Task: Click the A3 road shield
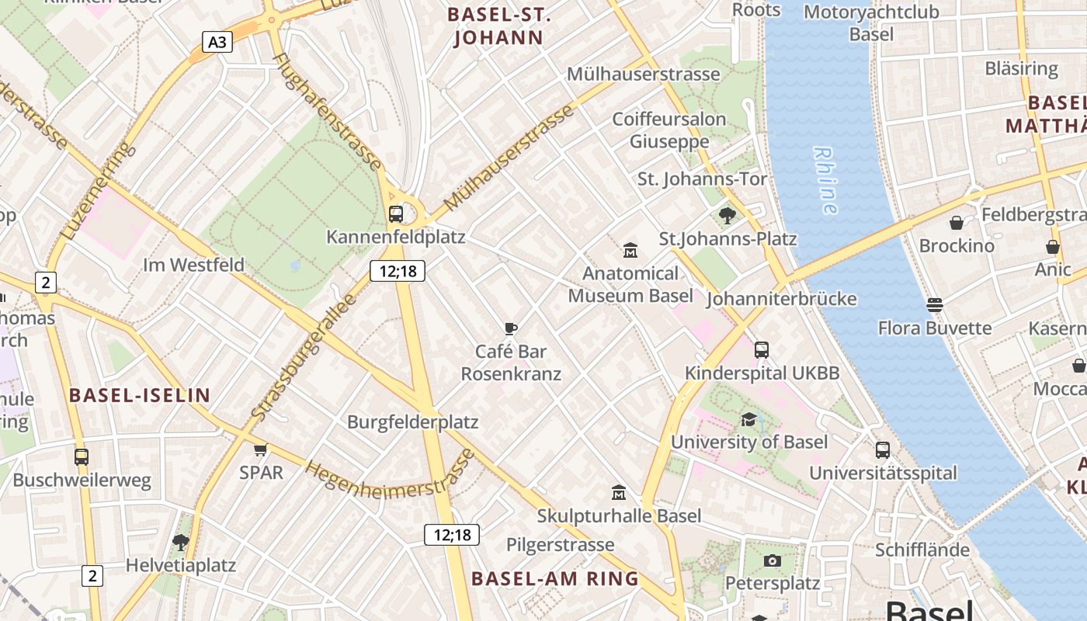pyautogui.click(x=217, y=41)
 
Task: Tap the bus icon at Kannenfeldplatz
pyautogui.click(x=396, y=213)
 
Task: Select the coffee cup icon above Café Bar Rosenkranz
pyautogui.click(x=510, y=328)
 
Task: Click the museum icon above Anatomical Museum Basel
pyautogui.click(x=630, y=251)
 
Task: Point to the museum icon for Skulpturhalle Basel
pyautogui.click(x=619, y=492)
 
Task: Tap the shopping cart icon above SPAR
pyautogui.click(x=261, y=449)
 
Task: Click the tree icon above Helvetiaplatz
pyautogui.click(x=181, y=542)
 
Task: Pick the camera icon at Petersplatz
pyautogui.click(x=772, y=560)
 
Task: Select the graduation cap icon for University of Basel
pyautogui.click(x=748, y=419)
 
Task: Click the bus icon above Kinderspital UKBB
pyautogui.click(x=762, y=350)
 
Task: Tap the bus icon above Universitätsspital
pyautogui.click(x=883, y=449)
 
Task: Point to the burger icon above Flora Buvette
pyautogui.click(x=935, y=305)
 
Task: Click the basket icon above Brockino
pyautogui.click(x=957, y=223)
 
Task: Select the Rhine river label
pyautogui.click(x=825, y=180)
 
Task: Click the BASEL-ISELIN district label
pyautogui.click(x=140, y=395)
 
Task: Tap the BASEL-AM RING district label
pyautogui.click(x=555, y=578)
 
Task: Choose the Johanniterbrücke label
pyautogui.click(x=781, y=299)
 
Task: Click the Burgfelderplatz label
pyautogui.click(x=412, y=422)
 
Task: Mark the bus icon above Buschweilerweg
pyautogui.click(x=82, y=457)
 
